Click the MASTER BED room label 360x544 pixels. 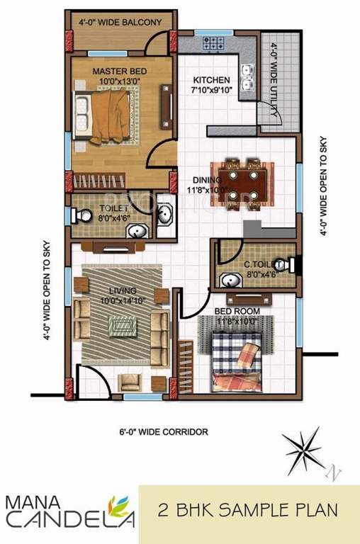click(x=120, y=71)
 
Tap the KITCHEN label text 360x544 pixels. click(x=211, y=80)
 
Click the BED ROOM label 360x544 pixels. click(x=237, y=311)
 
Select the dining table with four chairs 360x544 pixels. click(x=242, y=181)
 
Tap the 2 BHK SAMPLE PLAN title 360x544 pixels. click(x=247, y=509)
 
